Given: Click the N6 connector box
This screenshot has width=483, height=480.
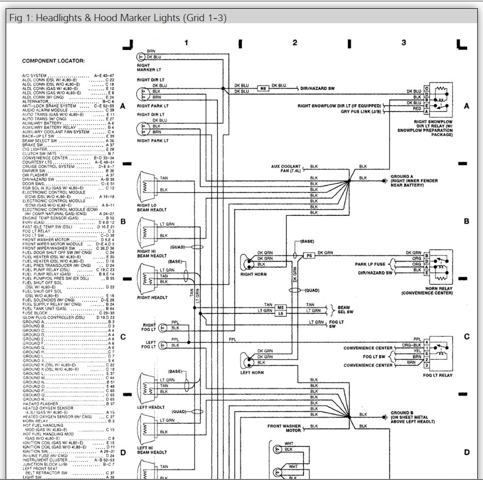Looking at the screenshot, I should [263, 88].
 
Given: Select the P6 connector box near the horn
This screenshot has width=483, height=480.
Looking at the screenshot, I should [309, 255].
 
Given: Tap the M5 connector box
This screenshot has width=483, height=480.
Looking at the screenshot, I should [280, 307].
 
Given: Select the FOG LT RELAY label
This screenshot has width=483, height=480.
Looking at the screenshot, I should [438, 375].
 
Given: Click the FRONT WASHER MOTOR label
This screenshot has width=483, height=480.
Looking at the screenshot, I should [284, 428].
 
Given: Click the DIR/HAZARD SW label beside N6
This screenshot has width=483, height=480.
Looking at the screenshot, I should [317, 88].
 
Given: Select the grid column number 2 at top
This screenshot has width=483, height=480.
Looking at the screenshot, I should [295, 42].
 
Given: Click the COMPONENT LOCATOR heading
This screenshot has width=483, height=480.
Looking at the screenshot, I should [53, 61].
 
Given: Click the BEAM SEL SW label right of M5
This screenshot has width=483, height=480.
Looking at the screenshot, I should [345, 309].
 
